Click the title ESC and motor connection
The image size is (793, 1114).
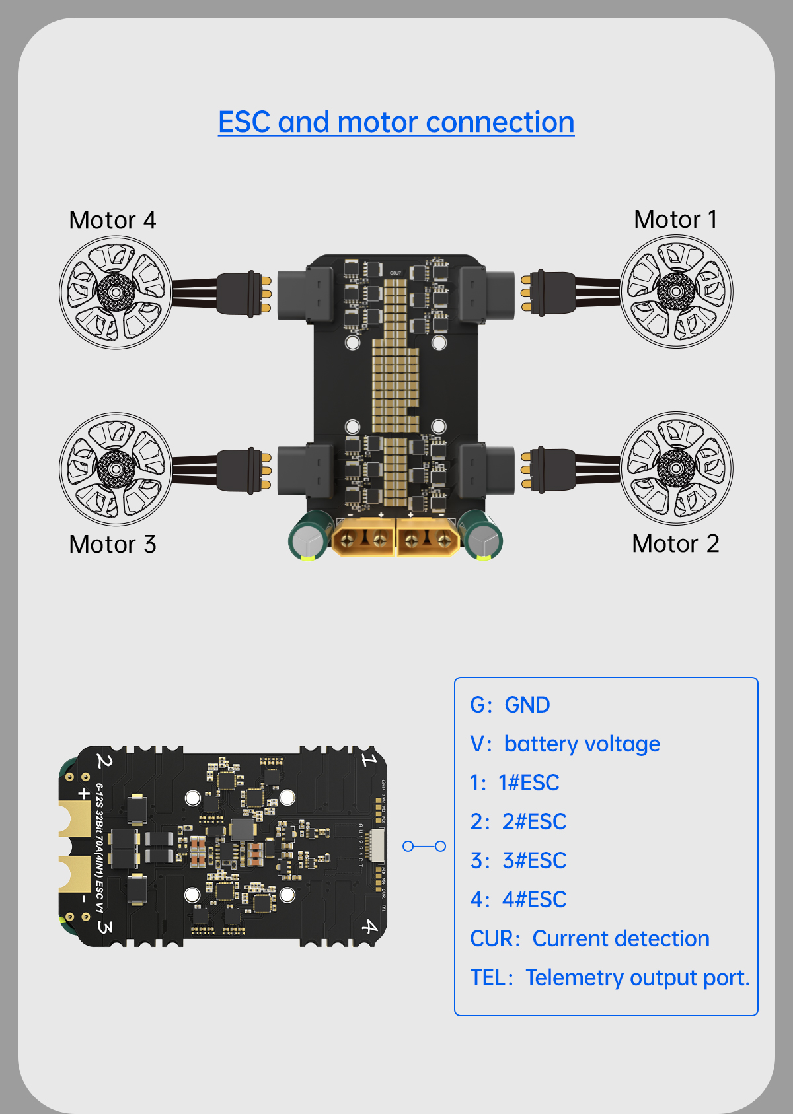[x=396, y=122]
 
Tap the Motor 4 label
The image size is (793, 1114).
[x=112, y=220]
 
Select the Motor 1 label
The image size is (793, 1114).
[x=675, y=219]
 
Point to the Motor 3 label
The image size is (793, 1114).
[x=112, y=544]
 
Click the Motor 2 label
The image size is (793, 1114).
[x=675, y=543]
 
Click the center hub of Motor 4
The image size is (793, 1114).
[x=116, y=292]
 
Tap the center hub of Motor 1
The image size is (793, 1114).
[x=677, y=291]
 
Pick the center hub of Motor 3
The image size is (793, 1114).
[x=116, y=469]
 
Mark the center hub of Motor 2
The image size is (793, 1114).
[x=677, y=468]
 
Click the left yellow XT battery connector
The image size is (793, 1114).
[x=362, y=537]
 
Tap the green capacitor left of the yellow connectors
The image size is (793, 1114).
[x=309, y=536]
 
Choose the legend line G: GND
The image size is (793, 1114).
[x=510, y=705]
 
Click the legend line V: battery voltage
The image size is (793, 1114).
[x=564, y=744]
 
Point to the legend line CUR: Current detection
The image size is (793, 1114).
[x=589, y=938]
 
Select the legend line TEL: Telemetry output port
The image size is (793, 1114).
[x=609, y=977]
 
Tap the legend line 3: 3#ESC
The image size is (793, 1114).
[x=518, y=860]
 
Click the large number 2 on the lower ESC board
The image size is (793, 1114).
[x=104, y=761]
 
